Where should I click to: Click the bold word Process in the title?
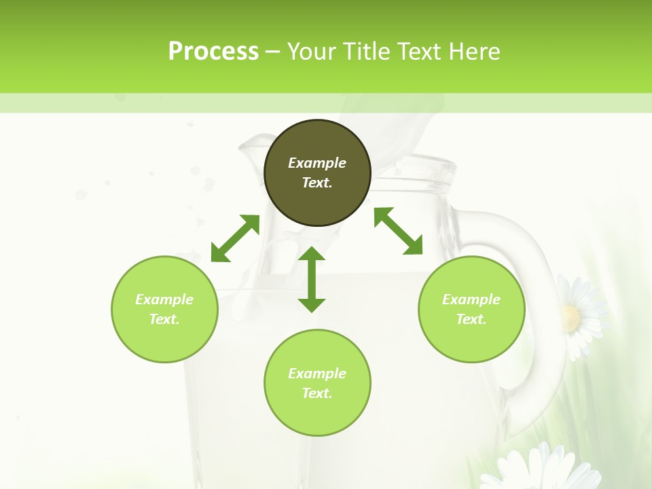point(213,52)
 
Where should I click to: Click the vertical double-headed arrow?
point(312,280)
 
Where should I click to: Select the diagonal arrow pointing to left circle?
point(235,238)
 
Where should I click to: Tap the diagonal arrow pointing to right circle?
point(399,231)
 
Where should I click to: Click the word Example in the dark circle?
point(317,163)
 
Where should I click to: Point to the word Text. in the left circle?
point(164,319)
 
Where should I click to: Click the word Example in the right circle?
point(471,300)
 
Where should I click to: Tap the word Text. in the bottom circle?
point(317,393)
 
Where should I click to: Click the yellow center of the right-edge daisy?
point(571,316)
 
